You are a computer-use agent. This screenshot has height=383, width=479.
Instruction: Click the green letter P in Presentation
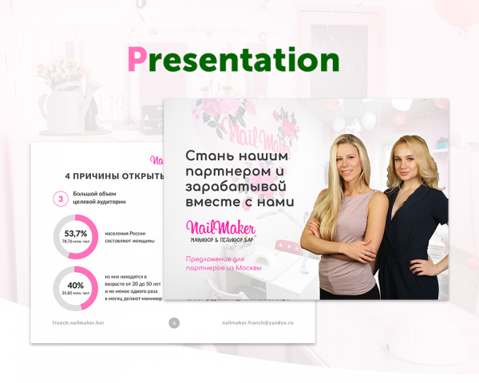pos(137,61)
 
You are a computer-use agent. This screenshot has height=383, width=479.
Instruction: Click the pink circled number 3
pos(60,199)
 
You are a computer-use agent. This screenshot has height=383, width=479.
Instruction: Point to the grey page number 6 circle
pos(174,322)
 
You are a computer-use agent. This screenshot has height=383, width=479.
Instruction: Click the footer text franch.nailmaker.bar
pos(78,322)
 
